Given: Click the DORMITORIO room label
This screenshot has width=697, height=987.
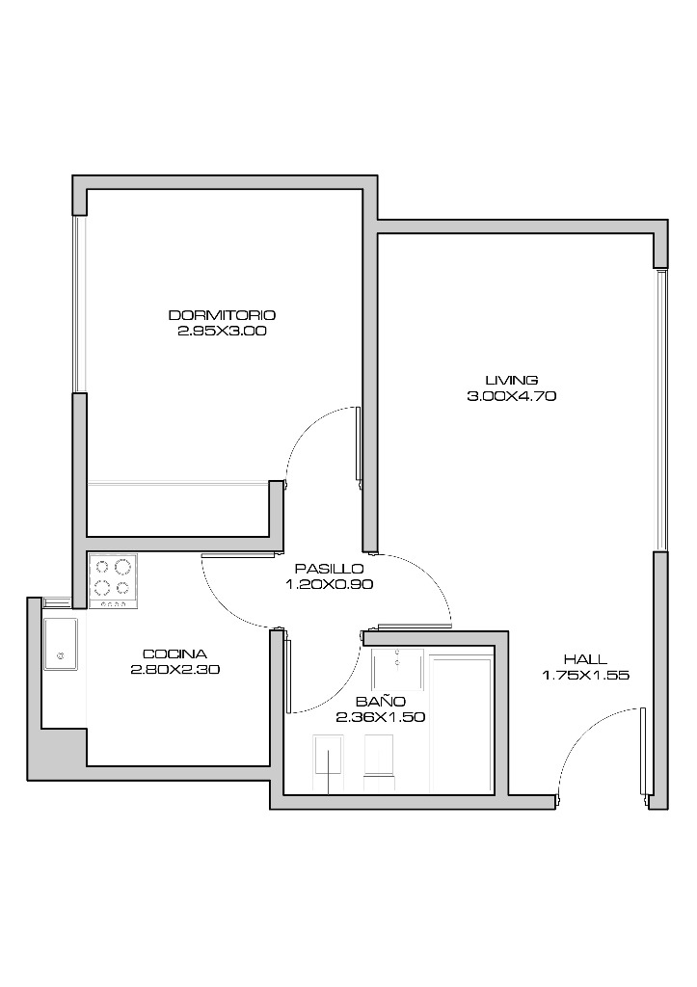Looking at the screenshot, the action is point(222,315).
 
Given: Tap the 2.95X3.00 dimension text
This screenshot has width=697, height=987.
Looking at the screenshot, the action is point(222,331).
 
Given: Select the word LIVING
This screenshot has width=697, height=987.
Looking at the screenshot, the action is point(511,380).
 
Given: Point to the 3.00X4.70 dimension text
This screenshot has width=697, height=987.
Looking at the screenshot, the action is point(511,396).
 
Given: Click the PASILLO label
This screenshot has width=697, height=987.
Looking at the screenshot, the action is point(329,569).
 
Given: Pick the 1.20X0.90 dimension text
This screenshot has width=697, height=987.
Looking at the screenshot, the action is point(330,584).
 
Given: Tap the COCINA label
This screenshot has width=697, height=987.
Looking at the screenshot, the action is point(174,654).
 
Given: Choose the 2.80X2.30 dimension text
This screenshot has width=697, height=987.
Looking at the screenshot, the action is point(175,670).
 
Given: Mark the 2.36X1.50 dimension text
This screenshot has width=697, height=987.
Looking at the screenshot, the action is point(380,717).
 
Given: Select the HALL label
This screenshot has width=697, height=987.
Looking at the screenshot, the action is point(585,659).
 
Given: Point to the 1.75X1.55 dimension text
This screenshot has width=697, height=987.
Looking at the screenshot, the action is point(585,676).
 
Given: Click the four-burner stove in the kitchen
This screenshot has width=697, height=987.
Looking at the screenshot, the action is point(114,581).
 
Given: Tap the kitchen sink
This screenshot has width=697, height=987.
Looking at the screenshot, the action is point(61,644).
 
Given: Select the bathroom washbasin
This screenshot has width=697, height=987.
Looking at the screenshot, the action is point(397,668).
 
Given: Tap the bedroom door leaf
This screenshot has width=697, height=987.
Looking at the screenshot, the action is point(359,443).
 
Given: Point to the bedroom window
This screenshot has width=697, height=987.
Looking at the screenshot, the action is point(79,304).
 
